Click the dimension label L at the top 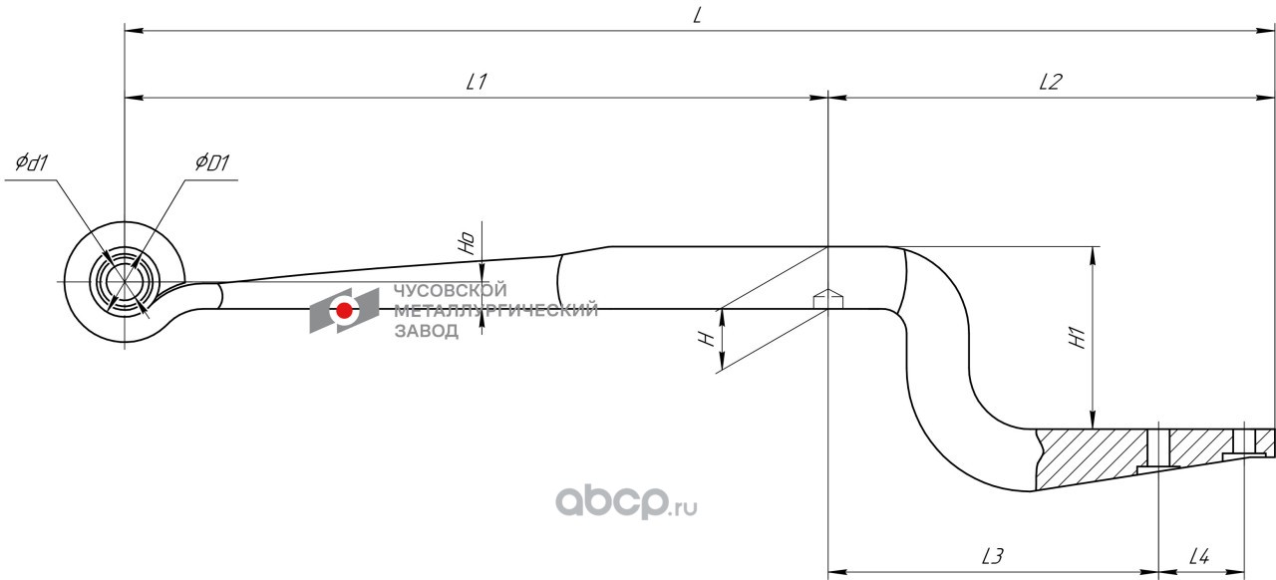click(x=698, y=15)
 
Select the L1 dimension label click(x=476, y=83)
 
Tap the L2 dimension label click(x=1049, y=83)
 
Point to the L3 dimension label click(x=992, y=557)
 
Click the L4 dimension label click(x=1200, y=557)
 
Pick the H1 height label click(x=1078, y=339)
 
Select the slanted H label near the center click(x=708, y=340)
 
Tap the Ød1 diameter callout click(x=32, y=162)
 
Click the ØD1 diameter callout click(x=211, y=162)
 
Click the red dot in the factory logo click(x=344, y=310)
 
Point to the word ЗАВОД click(x=427, y=331)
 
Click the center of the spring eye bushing click(x=124, y=282)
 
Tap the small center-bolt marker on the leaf click(x=828, y=299)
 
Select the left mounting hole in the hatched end click(x=1158, y=448)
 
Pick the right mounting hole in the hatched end click(x=1245, y=442)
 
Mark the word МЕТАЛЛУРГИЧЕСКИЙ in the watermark click(x=495, y=311)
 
